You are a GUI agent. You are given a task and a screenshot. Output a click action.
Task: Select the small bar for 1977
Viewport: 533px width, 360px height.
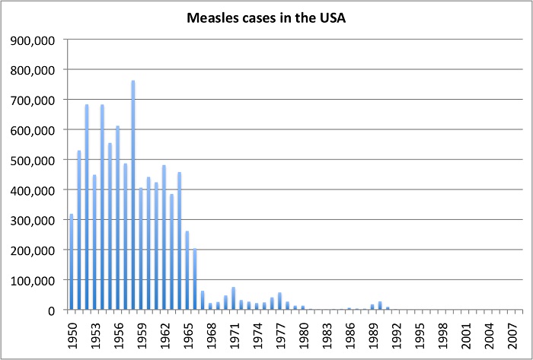[x=279, y=301]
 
